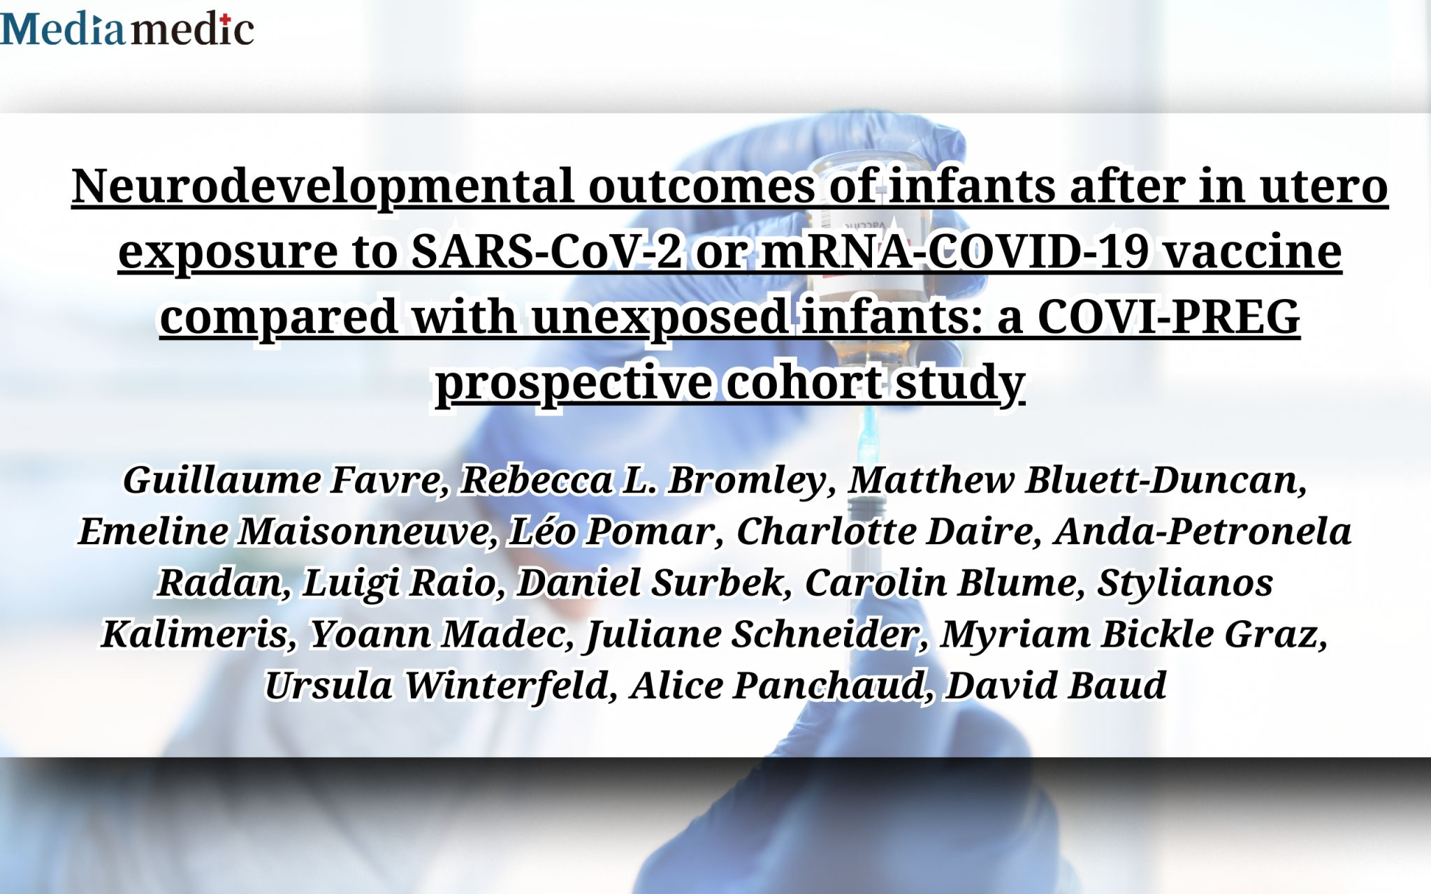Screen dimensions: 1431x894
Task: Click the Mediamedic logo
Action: pyautogui.click(x=126, y=29)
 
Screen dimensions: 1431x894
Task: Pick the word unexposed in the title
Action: pyautogui.click(x=660, y=318)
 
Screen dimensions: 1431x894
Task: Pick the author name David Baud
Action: pyautogui.click(x=1056, y=685)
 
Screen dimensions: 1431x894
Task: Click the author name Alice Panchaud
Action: pyautogui.click(x=782, y=685)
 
